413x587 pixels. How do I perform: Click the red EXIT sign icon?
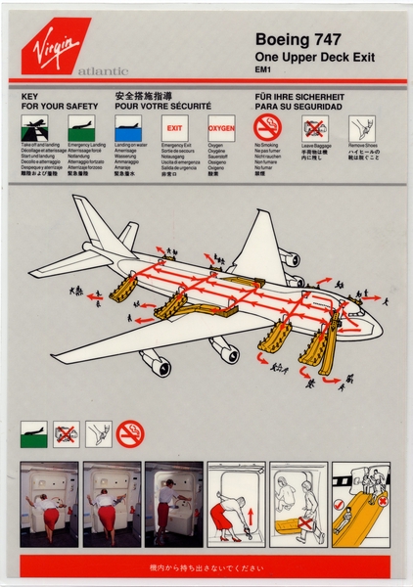[174, 127]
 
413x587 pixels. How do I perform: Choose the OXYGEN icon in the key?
[221, 127]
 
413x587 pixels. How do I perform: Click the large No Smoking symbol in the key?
[267, 127]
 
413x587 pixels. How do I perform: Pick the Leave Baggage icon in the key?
[313, 127]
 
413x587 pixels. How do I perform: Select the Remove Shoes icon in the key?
[361, 127]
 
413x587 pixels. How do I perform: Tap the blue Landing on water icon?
[128, 128]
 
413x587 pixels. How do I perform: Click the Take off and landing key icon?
[33, 128]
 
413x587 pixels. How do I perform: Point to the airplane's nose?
[377, 323]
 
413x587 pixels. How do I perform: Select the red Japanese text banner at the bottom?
[206, 565]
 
